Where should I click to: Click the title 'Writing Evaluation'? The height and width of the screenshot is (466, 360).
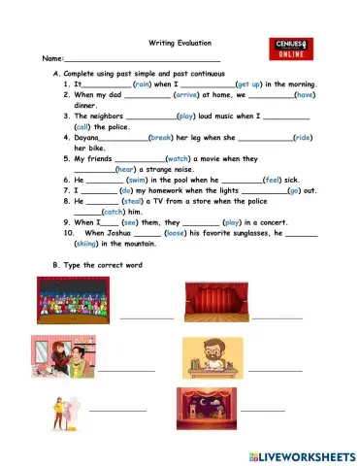tap(179, 43)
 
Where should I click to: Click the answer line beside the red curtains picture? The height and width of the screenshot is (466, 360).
tap(278, 317)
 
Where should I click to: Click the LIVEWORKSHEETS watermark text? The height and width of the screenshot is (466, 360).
tap(303, 455)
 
